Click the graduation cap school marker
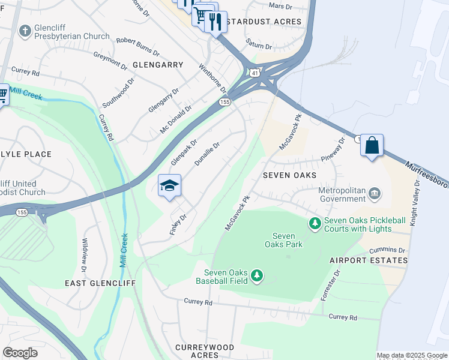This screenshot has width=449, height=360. tap(170, 185)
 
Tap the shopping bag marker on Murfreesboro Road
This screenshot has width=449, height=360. tap(372, 146)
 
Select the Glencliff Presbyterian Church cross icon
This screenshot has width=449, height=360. tap(25, 30)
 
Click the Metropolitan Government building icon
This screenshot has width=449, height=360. tap(375, 193)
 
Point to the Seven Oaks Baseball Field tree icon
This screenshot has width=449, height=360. tap(257, 275)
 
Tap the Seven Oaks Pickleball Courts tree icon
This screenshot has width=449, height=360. tap(315, 224)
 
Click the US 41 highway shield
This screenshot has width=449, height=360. tap(255, 73)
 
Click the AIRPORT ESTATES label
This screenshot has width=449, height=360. tap(368, 260)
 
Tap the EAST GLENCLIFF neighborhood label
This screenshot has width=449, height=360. tap(100, 283)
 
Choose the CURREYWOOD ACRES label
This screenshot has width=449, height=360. tap(205, 351)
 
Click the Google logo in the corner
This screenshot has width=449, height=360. tap(20, 352)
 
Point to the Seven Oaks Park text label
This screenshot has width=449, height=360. tap(284, 240)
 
